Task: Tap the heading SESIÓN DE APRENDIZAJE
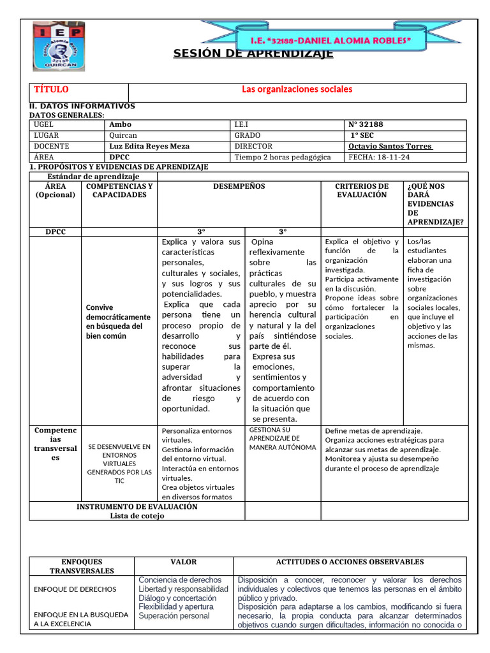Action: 253,54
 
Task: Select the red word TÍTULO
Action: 51,90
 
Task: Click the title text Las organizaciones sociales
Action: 297,89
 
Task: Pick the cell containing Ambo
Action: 121,125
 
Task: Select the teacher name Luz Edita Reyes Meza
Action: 149,146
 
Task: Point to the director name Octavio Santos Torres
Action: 390,146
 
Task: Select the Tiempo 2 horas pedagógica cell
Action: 283,157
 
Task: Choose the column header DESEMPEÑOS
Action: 239,187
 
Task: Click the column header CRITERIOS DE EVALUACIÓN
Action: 362,191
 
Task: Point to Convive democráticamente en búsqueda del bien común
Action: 118,321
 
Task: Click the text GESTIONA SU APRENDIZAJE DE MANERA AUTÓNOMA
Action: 282,439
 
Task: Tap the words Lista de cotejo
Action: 137,516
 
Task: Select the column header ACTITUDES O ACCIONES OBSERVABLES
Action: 349,562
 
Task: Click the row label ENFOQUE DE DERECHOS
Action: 75,590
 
